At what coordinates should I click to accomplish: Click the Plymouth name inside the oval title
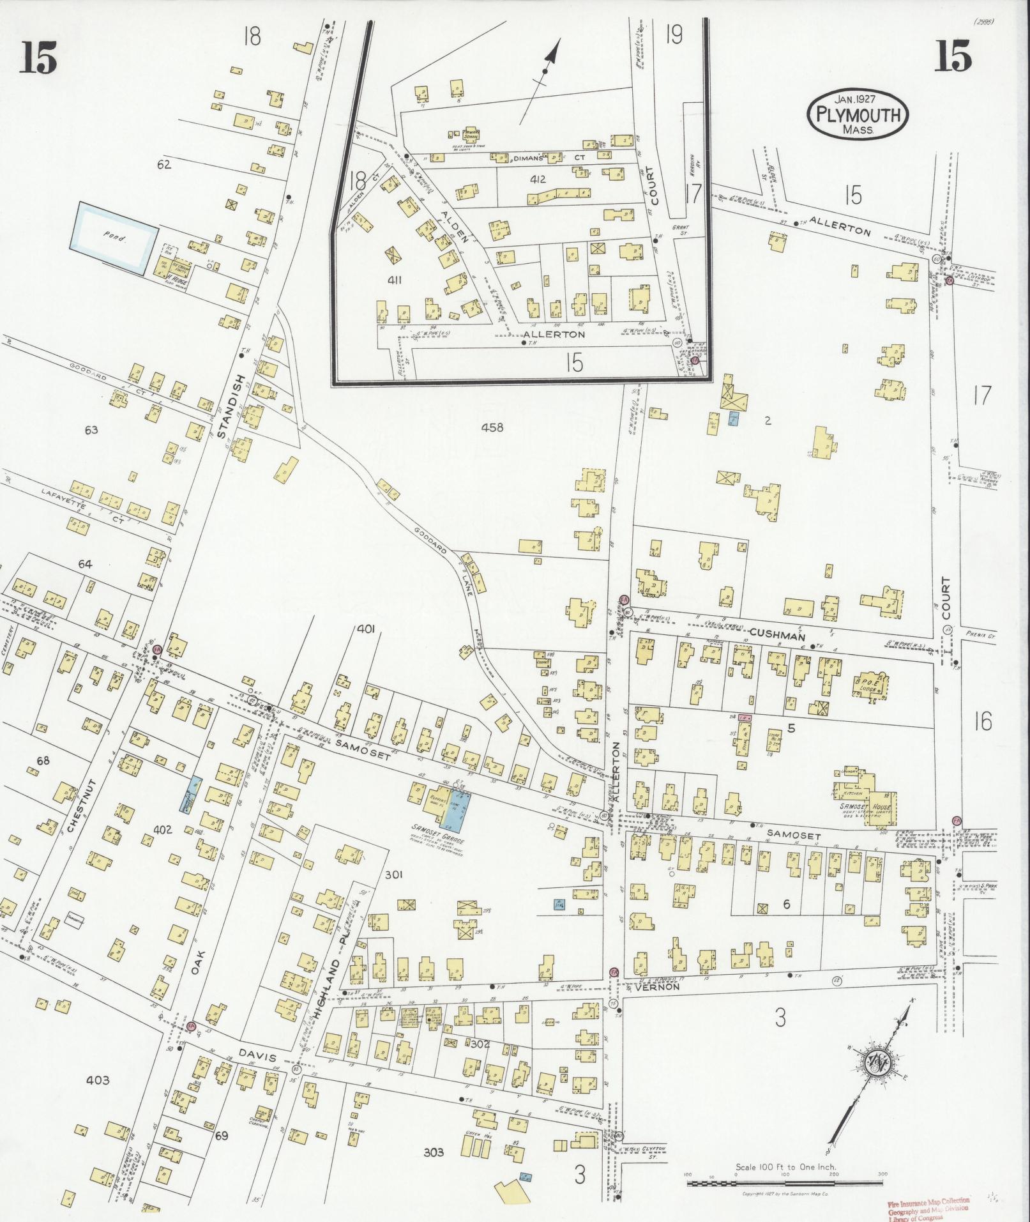(x=858, y=115)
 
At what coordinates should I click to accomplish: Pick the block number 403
(x=97, y=1081)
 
